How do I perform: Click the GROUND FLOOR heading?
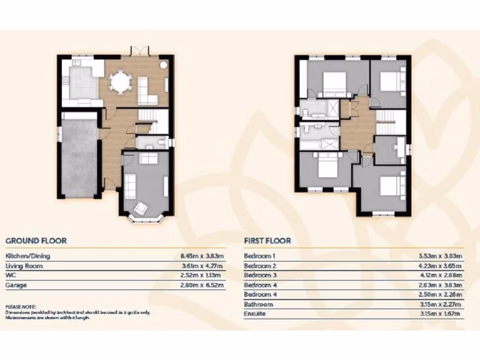(36, 241)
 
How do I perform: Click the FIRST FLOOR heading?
(267, 241)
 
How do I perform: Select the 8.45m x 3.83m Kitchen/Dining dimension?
(202, 256)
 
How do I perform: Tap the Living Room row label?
(24, 266)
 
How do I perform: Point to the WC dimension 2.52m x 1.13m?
(202, 276)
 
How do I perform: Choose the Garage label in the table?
(16, 285)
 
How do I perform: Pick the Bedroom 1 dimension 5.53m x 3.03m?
(440, 256)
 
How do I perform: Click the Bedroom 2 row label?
(260, 266)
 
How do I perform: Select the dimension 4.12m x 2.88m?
(440, 276)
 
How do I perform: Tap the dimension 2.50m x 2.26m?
(440, 295)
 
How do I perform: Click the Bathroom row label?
(258, 304)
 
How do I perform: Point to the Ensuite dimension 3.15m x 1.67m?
(440, 314)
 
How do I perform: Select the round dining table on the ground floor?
(121, 82)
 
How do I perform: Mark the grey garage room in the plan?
(79, 157)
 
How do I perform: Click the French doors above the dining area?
(139, 50)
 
